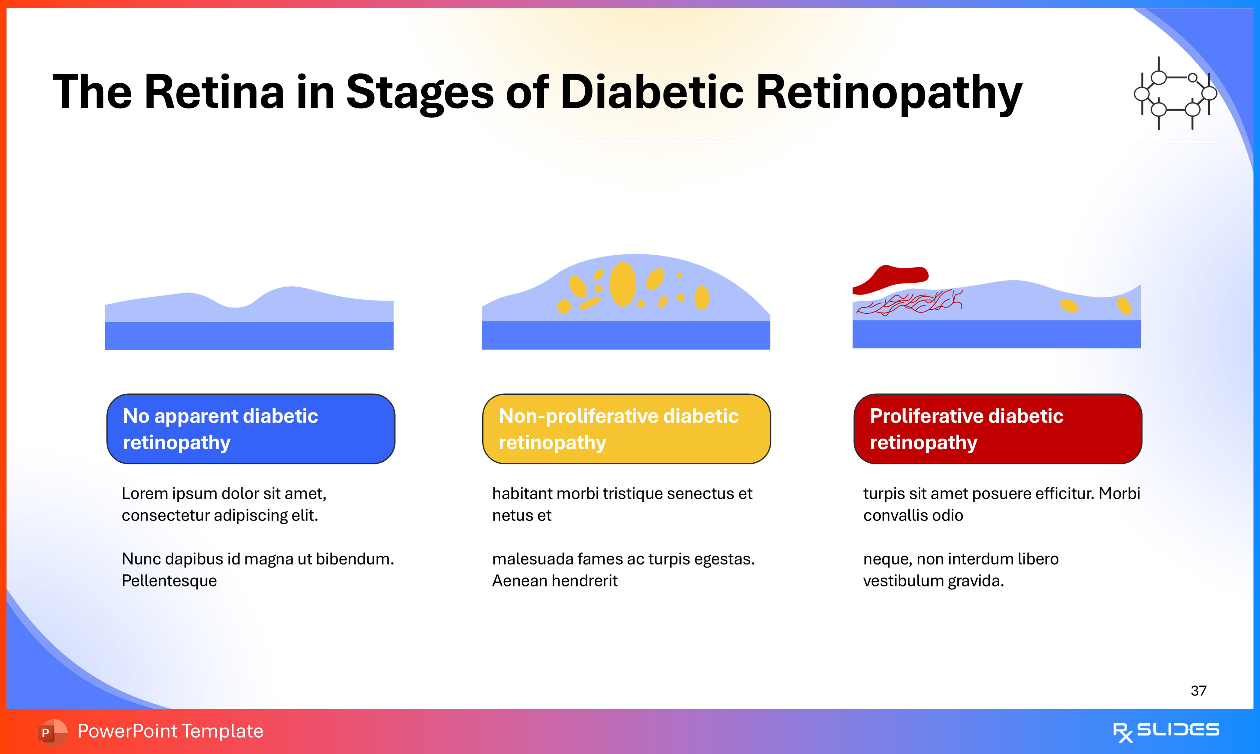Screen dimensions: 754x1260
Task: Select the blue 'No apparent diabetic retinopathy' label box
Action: [x=250, y=429]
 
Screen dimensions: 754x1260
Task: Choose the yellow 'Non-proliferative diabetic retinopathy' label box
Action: [x=626, y=429]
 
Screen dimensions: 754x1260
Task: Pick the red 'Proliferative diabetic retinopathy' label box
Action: [x=997, y=429]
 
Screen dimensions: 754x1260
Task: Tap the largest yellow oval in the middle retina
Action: [x=622, y=285]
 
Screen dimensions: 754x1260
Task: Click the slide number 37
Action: [x=1198, y=690]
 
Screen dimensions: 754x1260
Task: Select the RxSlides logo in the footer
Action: [x=1166, y=731]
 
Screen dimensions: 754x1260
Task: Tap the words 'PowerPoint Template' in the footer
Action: [x=170, y=731]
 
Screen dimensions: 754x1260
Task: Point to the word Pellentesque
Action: [x=169, y=581]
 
